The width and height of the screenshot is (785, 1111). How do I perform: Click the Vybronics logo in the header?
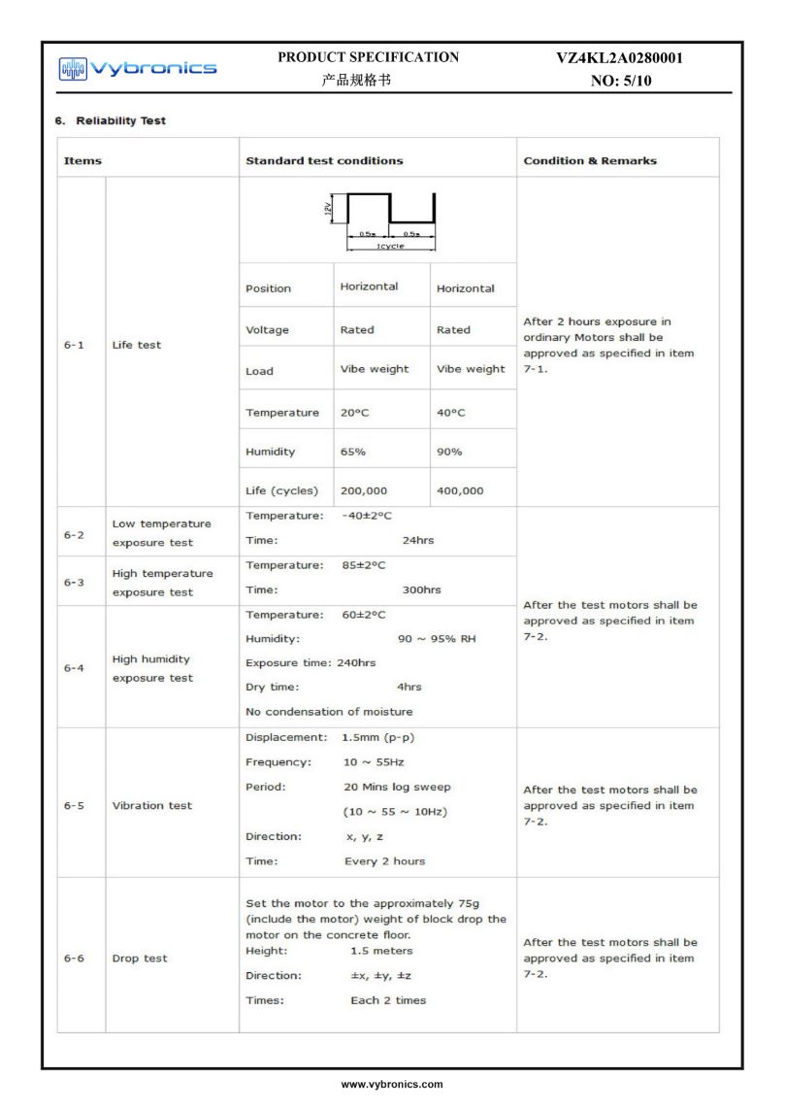pyautogui.click(x=137, y=67)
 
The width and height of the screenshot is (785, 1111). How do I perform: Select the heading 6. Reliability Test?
pyautogui.click(x=108, y=120)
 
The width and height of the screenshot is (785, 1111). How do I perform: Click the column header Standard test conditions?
pyautogui.click(x=324, y=160)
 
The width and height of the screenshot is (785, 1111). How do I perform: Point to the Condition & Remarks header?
pyautogui.click(x=590, y=160)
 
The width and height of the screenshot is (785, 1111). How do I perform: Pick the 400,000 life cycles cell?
pyautogui.click(x=460, y=490)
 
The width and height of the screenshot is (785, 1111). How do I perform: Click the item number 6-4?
pyautogui.click(x=75, y=668)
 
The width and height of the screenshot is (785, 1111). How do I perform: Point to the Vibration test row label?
pyautogui.click(x=152, y=805)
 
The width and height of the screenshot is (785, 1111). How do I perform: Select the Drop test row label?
pyautogui.click(x=140, y=959)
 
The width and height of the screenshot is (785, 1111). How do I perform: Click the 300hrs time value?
pyautogui.click(x=421, y=589)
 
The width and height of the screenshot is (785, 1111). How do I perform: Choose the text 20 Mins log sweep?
pyautogui.click(x=397, y=787)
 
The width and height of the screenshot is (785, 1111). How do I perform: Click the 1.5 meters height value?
pyautogui.click(x=381, y=951)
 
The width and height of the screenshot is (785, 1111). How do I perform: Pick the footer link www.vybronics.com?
pyautogui.click(x=392, y=1083)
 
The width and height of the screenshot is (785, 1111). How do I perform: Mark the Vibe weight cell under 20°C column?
pyautogui.click(x=375, y=369)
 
